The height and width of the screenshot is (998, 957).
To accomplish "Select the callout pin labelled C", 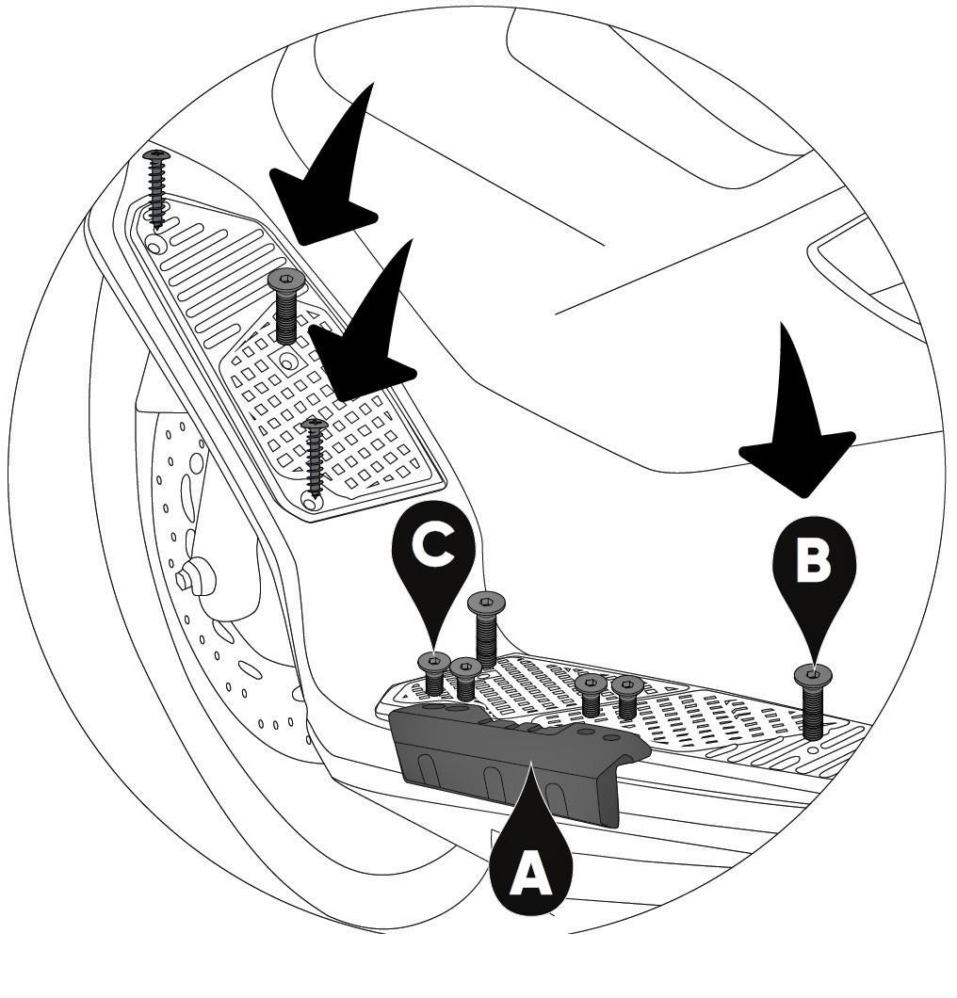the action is pyautogui.click(x=433, y=555).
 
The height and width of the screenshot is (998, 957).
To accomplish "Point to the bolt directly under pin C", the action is pyautogui.click(x=434, y=674).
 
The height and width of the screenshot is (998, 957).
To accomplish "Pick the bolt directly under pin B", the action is pyautogui.click(x=813, y=701).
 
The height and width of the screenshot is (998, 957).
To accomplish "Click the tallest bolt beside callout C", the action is pyautogui.click(x=486, y=629).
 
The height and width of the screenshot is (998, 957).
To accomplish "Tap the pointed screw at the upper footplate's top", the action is pyautogui.click(x=157, y=188).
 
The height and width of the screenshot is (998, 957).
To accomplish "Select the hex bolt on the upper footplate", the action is pyautogui.click(x=286, y=305).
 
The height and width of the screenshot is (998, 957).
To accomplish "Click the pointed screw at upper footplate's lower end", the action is pyautogui.click(x=315, y=455).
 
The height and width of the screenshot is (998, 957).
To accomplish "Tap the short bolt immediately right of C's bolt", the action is pyautogui.click(x=466, y=679).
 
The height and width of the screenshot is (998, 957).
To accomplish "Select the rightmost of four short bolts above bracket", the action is pyautogui.click(x=628, y=698).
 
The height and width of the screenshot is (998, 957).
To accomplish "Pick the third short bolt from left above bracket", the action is pyautogui.click(x=591, y=695).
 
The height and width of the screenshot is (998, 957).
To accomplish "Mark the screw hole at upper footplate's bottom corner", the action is pyautogui.click(x=311, y=503).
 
